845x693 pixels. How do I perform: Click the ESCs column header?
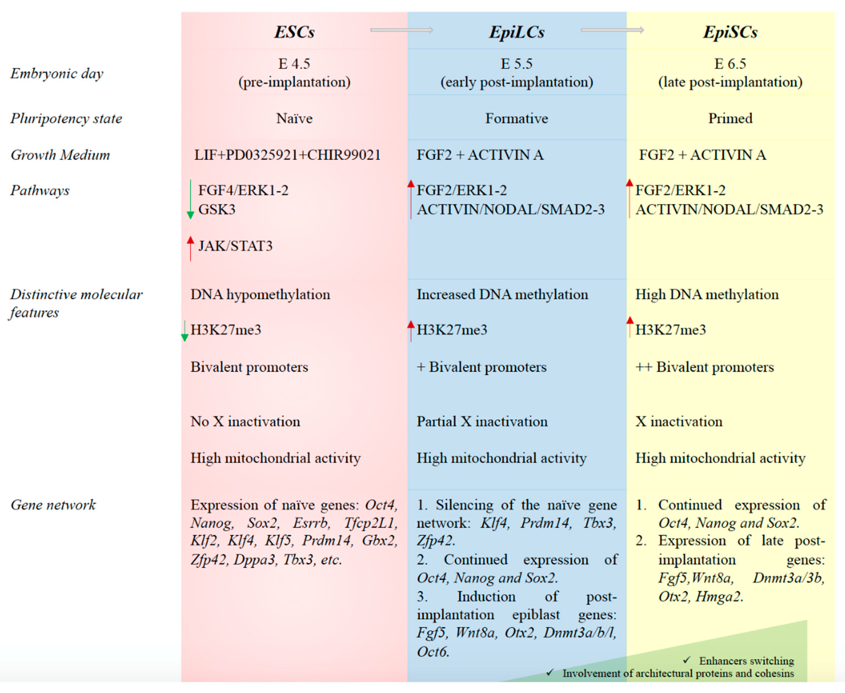coord(294,32)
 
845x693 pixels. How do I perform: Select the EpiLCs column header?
coord(517,32)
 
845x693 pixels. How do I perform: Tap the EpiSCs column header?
coord(730,32)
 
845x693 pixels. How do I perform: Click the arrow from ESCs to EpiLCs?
coord(401,30)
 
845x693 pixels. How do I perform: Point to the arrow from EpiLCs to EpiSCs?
coord(612,30)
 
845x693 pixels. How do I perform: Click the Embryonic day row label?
coord(57,73)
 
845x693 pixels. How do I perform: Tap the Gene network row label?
coord(53,505)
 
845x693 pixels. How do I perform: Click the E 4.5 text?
coord(294,64)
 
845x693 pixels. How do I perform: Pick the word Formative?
coord(517,119)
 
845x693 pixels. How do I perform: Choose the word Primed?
coord(730,119)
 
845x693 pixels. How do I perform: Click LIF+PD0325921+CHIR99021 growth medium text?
coord(287,155)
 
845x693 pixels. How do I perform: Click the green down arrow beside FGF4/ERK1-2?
coord(190,200)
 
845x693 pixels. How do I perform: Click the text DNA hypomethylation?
coord(260,295)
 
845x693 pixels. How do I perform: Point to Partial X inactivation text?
coord(482,422)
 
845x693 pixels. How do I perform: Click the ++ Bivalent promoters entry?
coord(704,367)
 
